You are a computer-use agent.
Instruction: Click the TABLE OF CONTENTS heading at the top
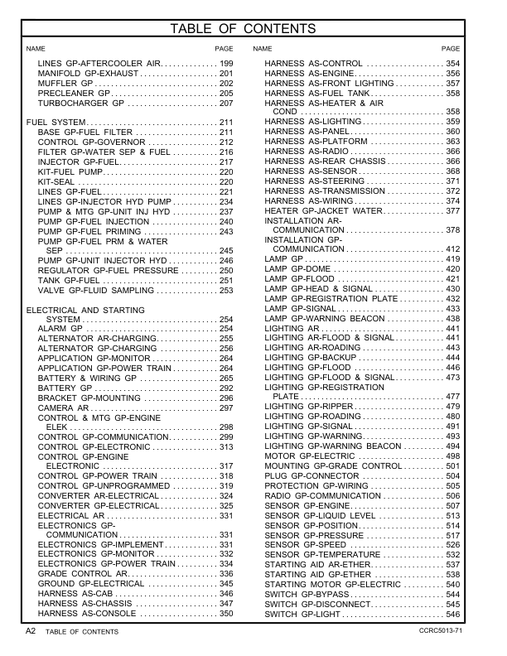coord(254,30)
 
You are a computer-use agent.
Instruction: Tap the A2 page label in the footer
coord(31,631)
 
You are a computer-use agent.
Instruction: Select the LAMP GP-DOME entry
coord(293,269)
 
